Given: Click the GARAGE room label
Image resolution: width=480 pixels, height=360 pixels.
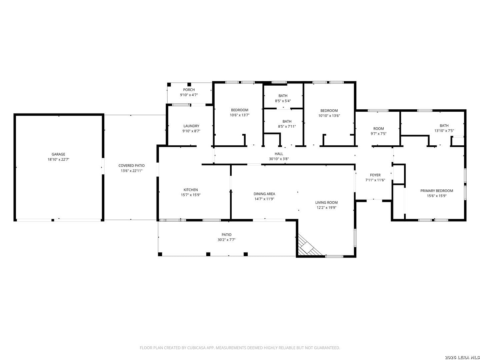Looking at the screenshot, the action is coord(58,154).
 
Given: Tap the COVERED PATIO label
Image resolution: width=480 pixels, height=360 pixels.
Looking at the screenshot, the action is coord(131,165).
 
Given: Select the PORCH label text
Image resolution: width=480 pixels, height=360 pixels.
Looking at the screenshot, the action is coord(189,90).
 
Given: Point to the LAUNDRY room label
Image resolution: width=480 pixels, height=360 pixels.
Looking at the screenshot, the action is coord(191,126).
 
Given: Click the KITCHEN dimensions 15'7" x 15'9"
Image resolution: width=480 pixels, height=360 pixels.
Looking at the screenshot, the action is coord(191,195).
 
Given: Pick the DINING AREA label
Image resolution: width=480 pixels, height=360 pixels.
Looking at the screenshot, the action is coord(264,194).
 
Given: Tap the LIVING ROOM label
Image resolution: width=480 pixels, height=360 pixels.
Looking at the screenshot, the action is coord(326,202).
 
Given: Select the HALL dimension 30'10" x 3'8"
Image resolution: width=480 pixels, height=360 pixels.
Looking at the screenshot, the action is coord(279,159).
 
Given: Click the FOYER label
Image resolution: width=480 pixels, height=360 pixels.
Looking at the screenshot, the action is coord(375,175).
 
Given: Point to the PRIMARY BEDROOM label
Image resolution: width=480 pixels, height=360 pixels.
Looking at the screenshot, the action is coord(437,191).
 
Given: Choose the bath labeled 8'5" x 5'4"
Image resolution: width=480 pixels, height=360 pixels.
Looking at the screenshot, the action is coord(283,98).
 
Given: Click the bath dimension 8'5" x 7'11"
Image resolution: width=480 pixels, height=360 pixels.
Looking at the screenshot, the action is coord(287,126).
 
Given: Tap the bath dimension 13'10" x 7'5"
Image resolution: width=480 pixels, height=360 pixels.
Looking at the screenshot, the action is coord(444,131).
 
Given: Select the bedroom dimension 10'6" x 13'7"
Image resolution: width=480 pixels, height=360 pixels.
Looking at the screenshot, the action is coord(240,115).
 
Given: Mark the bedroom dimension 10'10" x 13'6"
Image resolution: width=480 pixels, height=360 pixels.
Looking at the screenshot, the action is coord(329,116).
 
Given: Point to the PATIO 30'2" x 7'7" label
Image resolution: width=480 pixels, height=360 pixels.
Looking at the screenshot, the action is coord(227,237).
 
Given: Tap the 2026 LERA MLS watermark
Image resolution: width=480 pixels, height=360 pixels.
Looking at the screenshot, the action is coord(462,357).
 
